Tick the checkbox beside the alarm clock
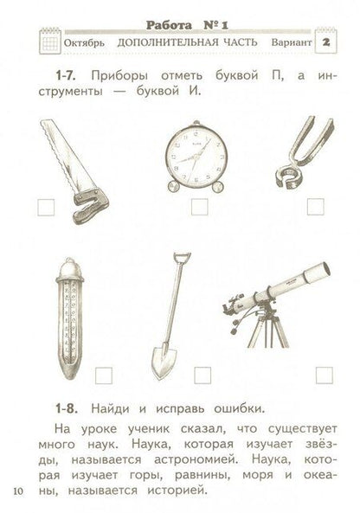198,206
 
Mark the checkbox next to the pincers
315,206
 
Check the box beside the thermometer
105,375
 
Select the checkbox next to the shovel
203,375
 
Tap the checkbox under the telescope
324,375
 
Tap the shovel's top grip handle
181,258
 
